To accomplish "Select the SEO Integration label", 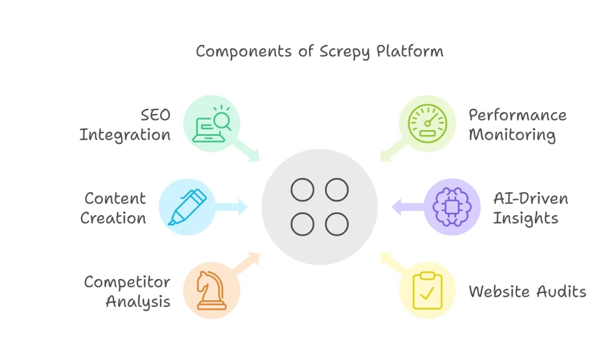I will coord(125,125).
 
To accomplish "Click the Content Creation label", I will coord(114,207).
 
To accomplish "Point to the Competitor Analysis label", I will coord(127,291).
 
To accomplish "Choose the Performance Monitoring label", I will coord(513,125).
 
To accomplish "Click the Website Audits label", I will coord(527,291).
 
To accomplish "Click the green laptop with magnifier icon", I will coord(212,125).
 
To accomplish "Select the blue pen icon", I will coord(187,207).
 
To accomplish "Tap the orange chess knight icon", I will coord(212,291).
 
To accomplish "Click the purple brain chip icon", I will coord(452,207).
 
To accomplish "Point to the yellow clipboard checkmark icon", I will coord(428,291).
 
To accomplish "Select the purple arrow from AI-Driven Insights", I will coord(408,207).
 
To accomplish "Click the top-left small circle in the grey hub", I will coord(302,190).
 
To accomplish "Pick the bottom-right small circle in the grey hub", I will coord(337,225).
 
